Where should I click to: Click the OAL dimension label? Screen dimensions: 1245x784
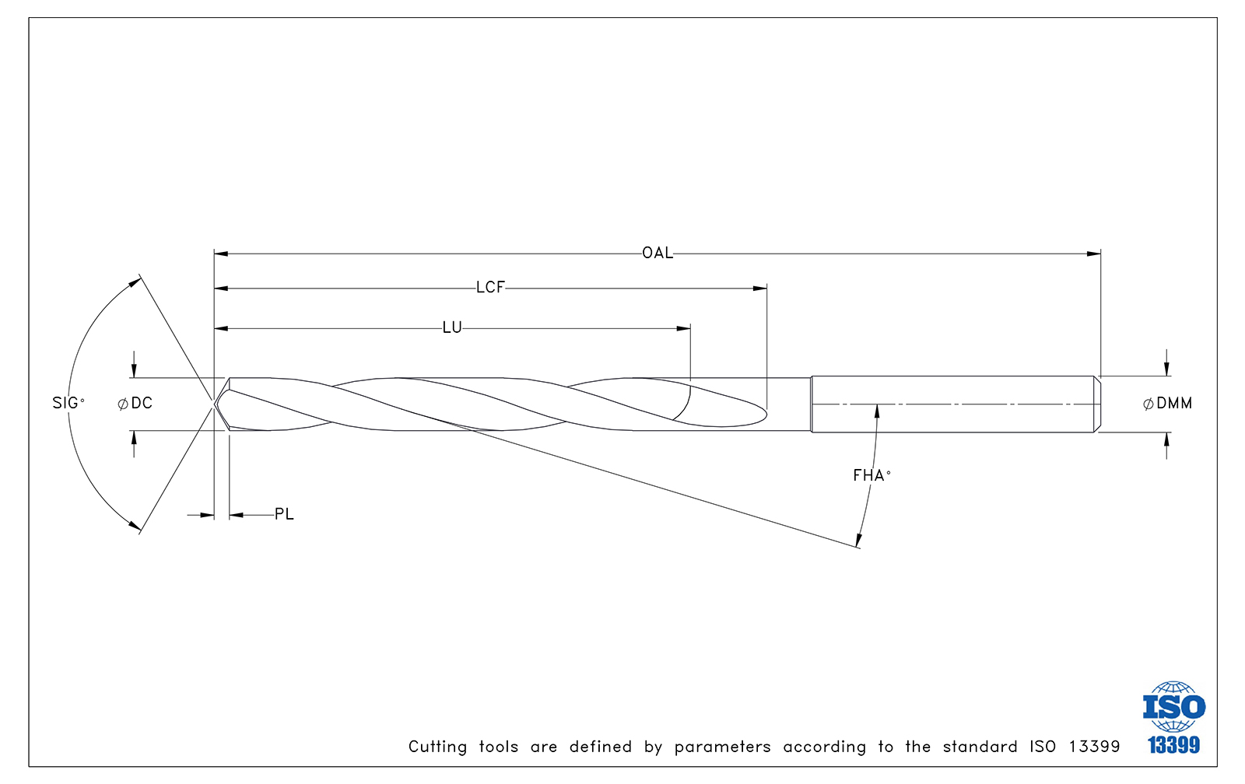click(658, 254)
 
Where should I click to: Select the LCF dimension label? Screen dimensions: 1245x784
click(491, 288)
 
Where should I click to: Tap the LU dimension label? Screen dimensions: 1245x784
click(452, 327)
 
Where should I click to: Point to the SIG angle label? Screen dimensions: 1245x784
click(68, 403)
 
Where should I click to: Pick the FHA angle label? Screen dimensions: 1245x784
click(872, 476)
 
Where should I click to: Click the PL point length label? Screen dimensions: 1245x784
click(284, 515)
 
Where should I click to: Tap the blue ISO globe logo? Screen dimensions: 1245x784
click(1174, 707)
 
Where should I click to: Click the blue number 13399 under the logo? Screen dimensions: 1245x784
click(1174, 744)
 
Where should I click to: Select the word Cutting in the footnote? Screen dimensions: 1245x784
click(437, 747)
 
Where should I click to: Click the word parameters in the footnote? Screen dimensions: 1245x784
click(723, 747)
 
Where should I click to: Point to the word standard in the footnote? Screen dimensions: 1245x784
click(980, 746)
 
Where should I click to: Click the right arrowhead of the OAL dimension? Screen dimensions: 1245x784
click(1093, 254)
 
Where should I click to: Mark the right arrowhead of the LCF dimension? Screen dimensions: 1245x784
click(759, 289)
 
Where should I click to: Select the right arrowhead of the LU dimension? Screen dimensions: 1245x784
click(684, 328)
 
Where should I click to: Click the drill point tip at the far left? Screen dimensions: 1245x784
click(215, 404)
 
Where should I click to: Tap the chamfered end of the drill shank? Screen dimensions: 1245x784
click(1098, 404)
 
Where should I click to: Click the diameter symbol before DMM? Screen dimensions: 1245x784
click(1148, 404)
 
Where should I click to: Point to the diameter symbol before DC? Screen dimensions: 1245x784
click(123, 404)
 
